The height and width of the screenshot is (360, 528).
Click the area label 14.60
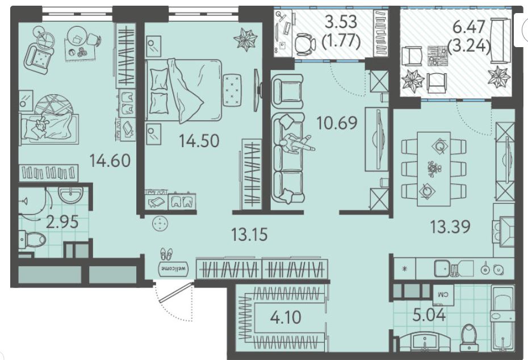[110, 161]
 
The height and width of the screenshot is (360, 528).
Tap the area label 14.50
[199, 140]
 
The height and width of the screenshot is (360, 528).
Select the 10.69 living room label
[337, 123]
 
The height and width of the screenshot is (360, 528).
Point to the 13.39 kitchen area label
[451, 227]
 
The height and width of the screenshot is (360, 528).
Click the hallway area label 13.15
[249, 235]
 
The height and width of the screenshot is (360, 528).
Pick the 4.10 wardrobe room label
[286, 317]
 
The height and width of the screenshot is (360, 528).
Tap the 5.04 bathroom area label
[429, 315]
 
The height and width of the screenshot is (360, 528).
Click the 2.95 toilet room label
[62, 222]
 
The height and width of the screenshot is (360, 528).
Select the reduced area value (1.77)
[341, 41]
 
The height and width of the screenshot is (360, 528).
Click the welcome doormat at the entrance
[173, 269]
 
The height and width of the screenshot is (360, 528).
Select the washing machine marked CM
[443, 294]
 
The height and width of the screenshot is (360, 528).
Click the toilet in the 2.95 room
[32, 239]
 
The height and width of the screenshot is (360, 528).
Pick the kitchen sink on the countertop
[443, 268]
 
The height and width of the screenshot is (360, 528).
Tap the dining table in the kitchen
[434, 169]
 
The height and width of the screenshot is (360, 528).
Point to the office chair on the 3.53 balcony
[305, 44]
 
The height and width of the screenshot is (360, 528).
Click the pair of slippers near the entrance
[166, 254]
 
